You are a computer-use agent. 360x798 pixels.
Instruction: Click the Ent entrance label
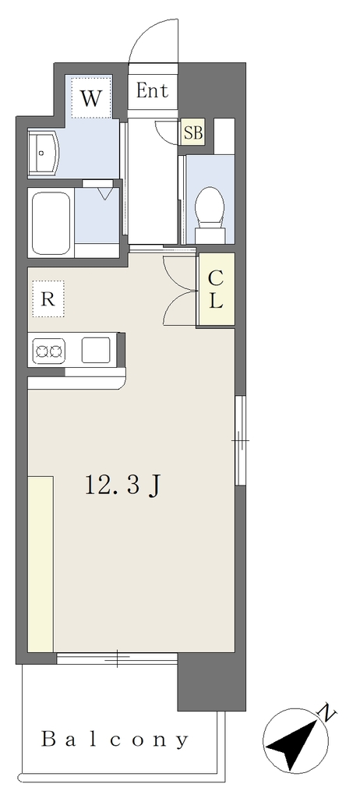[x=152, y=90]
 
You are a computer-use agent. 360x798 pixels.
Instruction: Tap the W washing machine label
[x=91, y=98]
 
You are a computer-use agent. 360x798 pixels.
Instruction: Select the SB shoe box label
[x=193, y=132]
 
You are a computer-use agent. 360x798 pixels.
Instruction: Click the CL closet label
[x=217, y=288]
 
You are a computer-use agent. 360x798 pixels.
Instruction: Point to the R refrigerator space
[x=48, y=298]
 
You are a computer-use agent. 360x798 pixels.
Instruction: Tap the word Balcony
[x=115, y=740]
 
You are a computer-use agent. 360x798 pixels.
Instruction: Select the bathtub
[x=51, y=223]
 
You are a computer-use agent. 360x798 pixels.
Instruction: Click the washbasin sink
[x=44, y=152]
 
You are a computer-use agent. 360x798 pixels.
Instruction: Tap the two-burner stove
[x=49, y=351]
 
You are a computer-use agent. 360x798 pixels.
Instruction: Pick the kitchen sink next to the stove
[x=96, y=350]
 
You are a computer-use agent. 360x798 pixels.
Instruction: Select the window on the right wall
[x=240, y=440]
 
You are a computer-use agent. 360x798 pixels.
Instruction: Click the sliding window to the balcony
[x=117, y=659]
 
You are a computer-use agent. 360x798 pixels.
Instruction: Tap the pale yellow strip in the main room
[x=41, y=564]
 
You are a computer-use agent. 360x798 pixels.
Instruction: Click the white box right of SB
[x=224, y=136]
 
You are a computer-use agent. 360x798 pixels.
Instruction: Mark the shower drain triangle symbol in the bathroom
[x=105, y=193]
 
